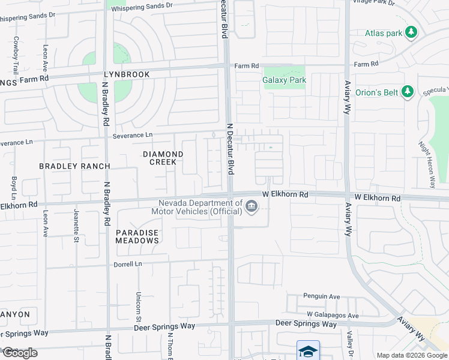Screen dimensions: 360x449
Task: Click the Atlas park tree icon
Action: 411,33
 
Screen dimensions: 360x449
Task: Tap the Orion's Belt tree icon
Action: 408,92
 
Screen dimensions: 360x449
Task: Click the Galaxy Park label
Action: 285,80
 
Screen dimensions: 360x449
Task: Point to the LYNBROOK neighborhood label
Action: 126,74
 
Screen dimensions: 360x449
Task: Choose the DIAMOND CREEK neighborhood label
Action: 160,158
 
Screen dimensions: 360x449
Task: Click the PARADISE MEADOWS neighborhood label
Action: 137,236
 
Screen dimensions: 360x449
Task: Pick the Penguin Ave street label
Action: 322,296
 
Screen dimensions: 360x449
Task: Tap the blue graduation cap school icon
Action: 308,350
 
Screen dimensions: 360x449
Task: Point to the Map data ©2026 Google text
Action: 412,355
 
